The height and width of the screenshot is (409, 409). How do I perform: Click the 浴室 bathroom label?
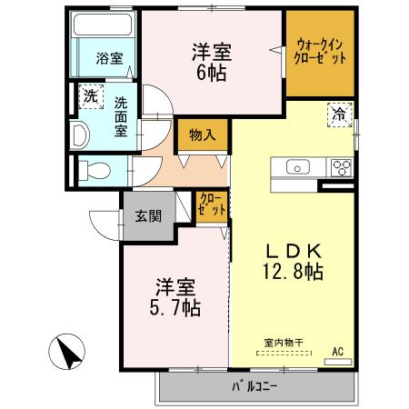click(x=110, y=59)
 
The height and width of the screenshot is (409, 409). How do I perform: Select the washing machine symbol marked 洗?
click(x=91, y=95)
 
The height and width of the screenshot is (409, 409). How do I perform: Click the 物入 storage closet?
click(x=202, y=135)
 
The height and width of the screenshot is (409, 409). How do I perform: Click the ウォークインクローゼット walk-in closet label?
click(x=320, y=52)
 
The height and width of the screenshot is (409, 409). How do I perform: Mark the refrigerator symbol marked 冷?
click(x=338, y=115)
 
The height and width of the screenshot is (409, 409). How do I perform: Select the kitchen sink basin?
click(x=299, y=167)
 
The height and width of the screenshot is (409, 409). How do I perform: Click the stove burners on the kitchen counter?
click(x=341, y=167)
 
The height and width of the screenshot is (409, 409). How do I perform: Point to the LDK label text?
click(x=291, y=250)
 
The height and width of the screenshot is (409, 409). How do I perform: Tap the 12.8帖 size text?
click(x=291, y=271)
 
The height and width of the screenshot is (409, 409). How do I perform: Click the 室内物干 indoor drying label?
click(x=284, y=343)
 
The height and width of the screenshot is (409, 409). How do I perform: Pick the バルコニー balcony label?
click(x=254, y=385)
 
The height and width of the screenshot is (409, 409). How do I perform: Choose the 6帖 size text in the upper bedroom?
click(x=211, y=75)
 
